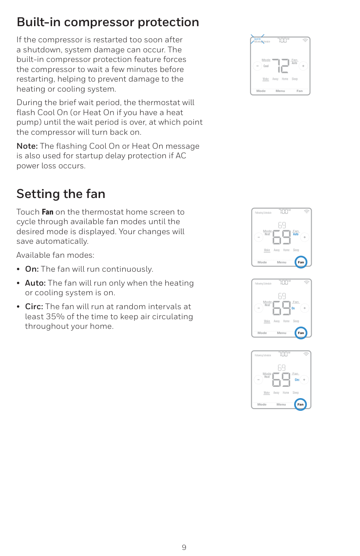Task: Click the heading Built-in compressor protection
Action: click(x=107, y=22)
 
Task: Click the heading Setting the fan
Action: click(x=61, y=194)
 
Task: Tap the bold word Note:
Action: click(x=27, y=146)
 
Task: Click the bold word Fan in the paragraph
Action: click(x=47, y=212)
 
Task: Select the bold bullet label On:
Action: click(x=32, y=269)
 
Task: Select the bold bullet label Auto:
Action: click(x=35, y=283)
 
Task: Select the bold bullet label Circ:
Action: click(x=34, y=307)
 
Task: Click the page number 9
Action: click(x=184, y=547)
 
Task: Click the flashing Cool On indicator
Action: click(x=257, y=39)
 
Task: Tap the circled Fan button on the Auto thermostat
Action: click(x=301, y=262)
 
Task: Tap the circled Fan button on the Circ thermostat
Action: click(x=300, y=404)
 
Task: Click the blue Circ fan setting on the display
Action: click(x=297, y=380)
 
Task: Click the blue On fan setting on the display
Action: click(x=293, y=308)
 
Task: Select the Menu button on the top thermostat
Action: click(x=280, y=91)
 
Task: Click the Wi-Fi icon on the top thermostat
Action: click(x=305, y=41)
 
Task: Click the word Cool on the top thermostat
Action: click(x=266, y=66)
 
